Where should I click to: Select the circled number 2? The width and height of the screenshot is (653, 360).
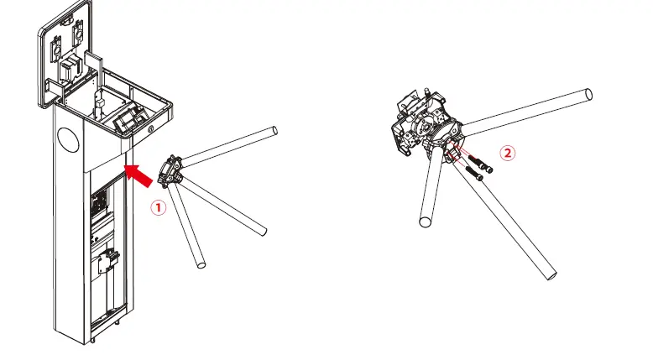coord(507,154)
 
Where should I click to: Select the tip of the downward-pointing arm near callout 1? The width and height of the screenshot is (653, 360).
coord(201,265)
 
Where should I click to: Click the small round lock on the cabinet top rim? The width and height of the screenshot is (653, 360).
coord(150,129)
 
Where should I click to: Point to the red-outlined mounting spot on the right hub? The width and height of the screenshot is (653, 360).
coord(454,149)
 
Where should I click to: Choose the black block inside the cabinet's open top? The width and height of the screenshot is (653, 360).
coord(128,120)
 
